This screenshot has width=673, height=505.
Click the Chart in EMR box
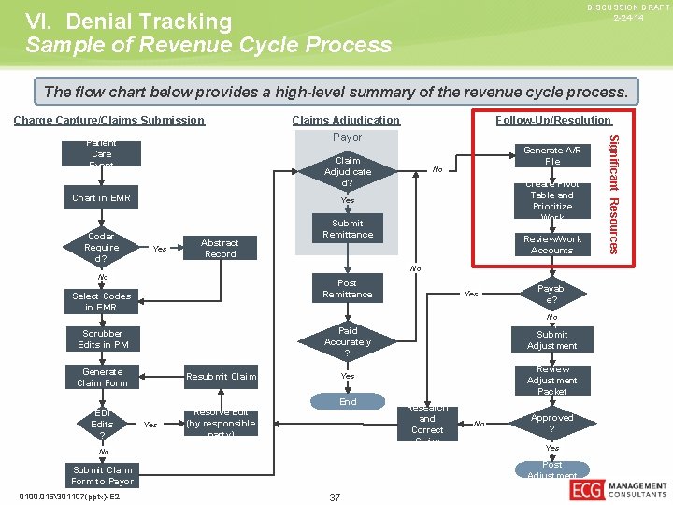(102, 198)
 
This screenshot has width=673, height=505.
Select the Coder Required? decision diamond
(101, 248)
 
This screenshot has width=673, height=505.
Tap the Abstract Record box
(221, 248)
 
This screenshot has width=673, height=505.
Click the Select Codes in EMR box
(102, 301)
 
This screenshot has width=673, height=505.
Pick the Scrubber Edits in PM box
(102, 339)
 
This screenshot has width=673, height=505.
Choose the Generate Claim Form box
(102, 377)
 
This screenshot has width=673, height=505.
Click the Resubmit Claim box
(221, 377)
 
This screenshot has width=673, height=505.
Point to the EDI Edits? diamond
(102, 424)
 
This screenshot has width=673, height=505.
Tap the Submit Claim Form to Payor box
(102, 475)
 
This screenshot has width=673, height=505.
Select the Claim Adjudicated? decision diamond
(348, 172)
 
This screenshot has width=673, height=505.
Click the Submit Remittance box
(348, 229)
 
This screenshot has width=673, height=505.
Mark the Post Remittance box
(348, 288)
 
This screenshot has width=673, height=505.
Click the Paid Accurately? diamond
(348, 342)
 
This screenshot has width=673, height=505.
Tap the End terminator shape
(348, 402)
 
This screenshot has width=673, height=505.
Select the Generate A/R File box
(552, 155)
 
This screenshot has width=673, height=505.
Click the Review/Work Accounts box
(552, 245)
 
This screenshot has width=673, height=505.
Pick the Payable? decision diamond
(552, 295)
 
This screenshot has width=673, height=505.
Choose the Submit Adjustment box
(552, 339)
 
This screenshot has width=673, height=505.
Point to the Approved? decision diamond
(552, 423)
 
